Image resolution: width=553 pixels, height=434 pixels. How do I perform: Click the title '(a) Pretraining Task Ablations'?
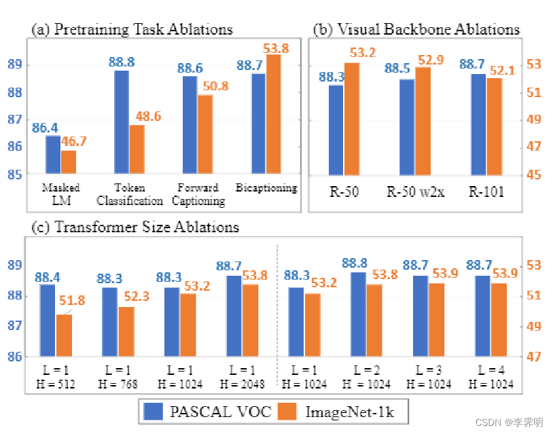click(x=132, y=29)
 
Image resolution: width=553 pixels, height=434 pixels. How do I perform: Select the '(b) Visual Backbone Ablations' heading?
click(x=416, y=29)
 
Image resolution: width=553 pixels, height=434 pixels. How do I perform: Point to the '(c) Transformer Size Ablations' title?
click(x=135, y=227)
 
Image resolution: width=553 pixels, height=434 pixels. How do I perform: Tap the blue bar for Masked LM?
click(x=53, y=155)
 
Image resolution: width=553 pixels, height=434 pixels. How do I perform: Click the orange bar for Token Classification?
click(x=137, y=149)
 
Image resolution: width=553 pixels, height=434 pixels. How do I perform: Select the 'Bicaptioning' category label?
click(x=266, y=188)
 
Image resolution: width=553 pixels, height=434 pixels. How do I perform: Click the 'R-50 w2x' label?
click(x=415, y=192)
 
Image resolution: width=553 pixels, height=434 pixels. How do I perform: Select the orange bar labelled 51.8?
click(x=64, y=335)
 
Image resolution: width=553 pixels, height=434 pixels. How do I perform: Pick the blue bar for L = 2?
click(x=358, y=314)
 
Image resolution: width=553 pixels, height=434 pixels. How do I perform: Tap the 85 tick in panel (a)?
click(x=14, y=175)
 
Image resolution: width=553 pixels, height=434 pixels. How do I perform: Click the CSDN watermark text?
click(x=509, y=422)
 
